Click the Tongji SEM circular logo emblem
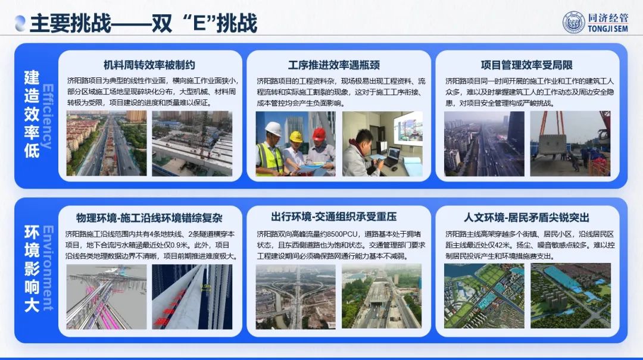coord(574,23)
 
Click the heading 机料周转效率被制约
coord(149,65)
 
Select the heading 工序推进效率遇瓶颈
coord(334,65)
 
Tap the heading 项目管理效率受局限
coord(526,65)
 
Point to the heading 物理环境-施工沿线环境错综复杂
coord(149,218)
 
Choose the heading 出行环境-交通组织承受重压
coord(334,217)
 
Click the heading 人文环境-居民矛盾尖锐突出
coord(526,217)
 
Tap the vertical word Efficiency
coord(48,117)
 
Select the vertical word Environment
coord(48,268)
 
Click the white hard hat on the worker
coord(273,129)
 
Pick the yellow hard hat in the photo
coord(296,136)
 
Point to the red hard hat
coord(319,134)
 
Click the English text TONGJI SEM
coord(608,29)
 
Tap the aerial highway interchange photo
coord(295,296)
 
